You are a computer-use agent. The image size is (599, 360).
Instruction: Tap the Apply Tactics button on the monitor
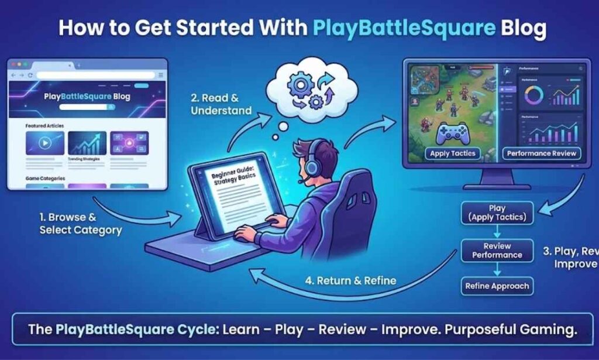coord(452,153)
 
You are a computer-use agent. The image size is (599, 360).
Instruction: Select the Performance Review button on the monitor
coord(541,153)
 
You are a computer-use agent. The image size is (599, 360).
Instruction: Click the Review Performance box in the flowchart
coord(497,251)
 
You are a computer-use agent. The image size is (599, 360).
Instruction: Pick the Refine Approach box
coord(497,286)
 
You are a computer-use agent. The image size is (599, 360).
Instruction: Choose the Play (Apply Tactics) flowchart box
coord(497,213)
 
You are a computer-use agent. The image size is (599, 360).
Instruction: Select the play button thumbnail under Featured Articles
coord(44,142)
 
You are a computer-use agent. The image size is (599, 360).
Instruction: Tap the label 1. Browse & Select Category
coord(81,224)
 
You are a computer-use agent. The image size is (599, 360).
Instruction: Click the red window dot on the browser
coord(13,63)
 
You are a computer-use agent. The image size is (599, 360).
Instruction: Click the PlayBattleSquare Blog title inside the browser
coord(87,97)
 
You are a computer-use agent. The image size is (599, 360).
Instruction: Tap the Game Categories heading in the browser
coord(45,177)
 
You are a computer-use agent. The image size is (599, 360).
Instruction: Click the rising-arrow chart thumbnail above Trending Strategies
coord(87,142)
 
